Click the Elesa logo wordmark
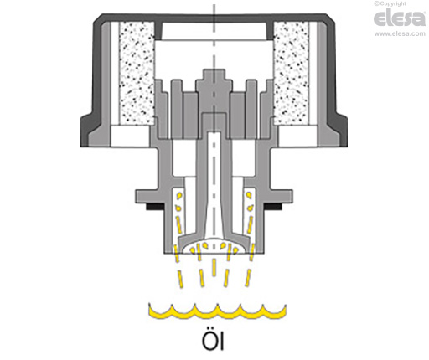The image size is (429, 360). [400, 18]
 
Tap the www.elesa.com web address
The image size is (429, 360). [400, 33]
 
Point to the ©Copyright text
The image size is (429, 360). [390, 3]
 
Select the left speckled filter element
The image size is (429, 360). [137, 74]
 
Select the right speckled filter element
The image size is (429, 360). [292, 74]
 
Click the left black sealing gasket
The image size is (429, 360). [154, 207]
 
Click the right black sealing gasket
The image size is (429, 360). [272, 207]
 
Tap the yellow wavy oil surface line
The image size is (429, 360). [217, 311]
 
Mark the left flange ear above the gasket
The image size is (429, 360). [149, 197]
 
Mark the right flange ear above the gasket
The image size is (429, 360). [279, 197]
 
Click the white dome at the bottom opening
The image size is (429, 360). [214, 246]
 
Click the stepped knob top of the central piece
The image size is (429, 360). [214, 79]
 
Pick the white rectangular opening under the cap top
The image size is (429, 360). [214, 32]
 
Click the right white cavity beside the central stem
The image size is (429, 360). [244, 157]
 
